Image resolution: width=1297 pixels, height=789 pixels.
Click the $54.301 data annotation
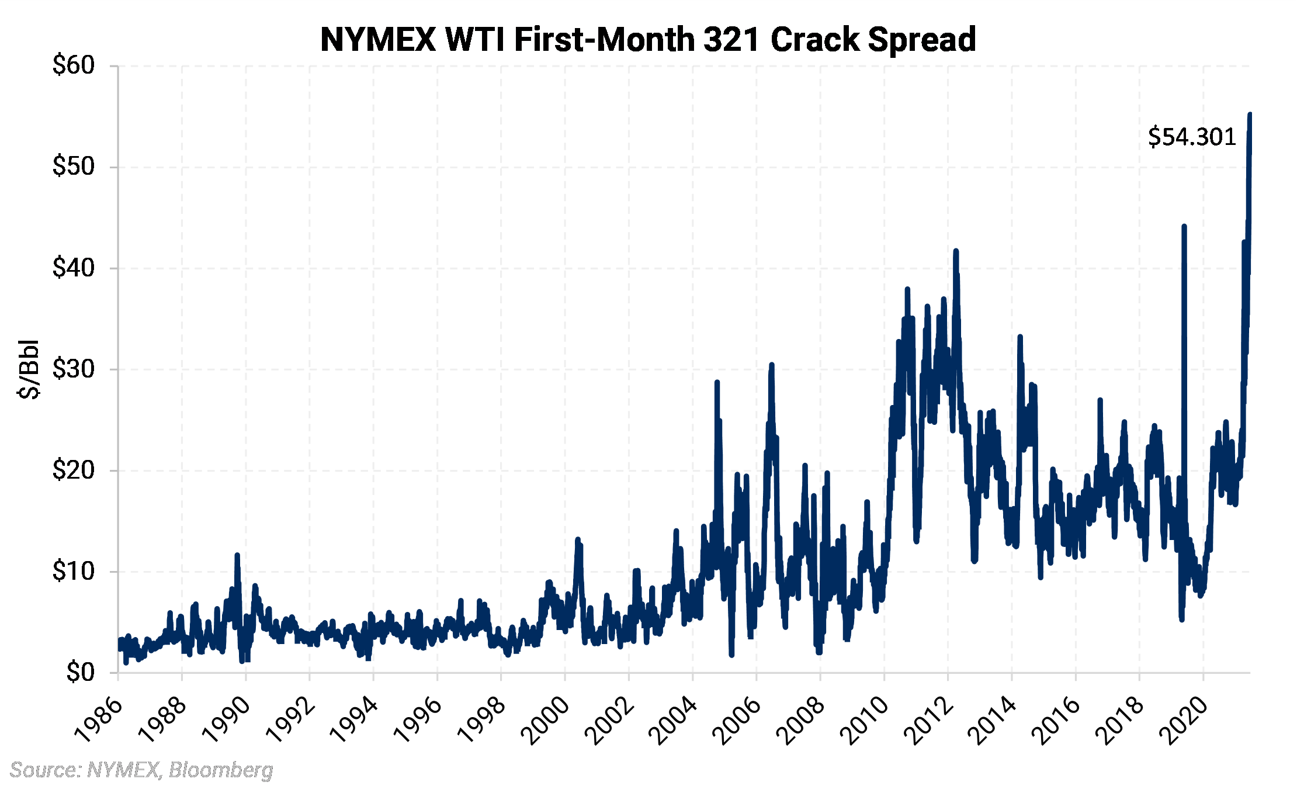1192,137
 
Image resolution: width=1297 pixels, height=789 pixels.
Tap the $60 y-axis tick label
74,65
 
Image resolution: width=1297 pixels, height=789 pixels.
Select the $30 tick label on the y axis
74,369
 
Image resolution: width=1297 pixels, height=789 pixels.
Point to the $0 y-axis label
80,673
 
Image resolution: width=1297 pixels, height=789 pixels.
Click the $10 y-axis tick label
74,572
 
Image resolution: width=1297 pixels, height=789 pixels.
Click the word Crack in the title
814,40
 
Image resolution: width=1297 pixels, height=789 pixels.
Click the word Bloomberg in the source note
221,770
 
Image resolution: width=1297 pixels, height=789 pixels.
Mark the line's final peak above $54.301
1250,115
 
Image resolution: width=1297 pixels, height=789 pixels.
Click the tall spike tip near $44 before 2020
1184,226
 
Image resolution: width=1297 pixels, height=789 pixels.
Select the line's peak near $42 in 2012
956,251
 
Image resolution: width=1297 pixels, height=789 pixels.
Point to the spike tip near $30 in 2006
771,365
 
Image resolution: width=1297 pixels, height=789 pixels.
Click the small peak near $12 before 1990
237,555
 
